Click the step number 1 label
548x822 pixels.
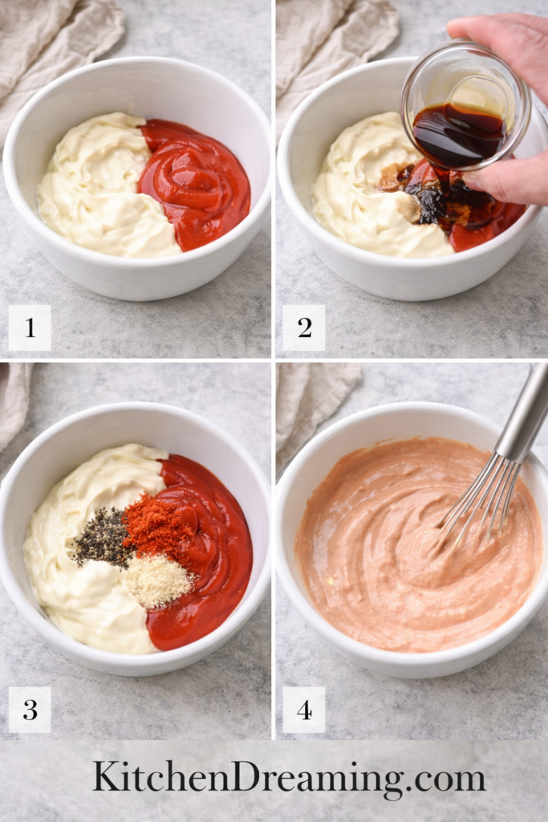(x=30, y=328)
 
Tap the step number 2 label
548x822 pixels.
(x=304, y=328)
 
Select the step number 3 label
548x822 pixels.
(x=30, y=710)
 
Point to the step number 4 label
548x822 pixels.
(x=304, y=710)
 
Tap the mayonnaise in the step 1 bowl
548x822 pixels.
(x=96, y=193)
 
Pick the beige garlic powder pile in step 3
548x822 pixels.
(x=156, y=580)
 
